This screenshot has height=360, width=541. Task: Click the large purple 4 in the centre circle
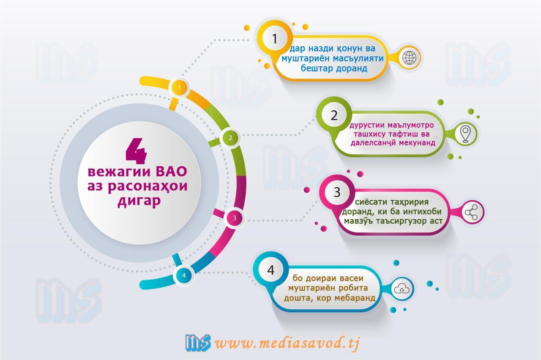point(137,151)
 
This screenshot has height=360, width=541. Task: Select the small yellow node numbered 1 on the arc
point(179,87)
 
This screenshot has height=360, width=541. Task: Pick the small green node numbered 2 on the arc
point(230,138)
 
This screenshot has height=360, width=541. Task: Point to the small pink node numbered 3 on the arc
point(234,218)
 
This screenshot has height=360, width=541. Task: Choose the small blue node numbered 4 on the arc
point(184,275)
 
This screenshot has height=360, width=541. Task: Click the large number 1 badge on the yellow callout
point(275,38)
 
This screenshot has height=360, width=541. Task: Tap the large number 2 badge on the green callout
point(334,115)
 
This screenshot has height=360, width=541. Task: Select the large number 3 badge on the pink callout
point(337,192)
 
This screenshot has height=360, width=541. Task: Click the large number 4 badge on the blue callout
point(271,270)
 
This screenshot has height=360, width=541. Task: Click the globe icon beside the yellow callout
point(410,58)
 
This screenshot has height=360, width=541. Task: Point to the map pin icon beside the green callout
point(465,134)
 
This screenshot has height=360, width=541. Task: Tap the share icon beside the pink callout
point(471,212)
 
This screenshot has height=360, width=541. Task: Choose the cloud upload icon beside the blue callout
point(402,289)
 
